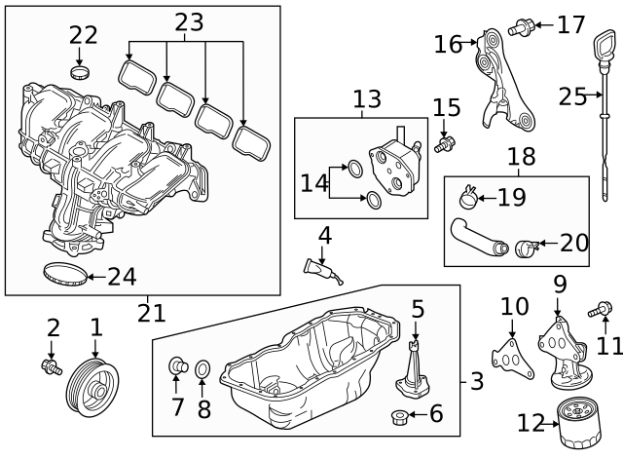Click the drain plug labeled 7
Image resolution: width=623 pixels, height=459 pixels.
(179, 366)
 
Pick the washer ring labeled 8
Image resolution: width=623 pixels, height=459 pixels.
(202, 370)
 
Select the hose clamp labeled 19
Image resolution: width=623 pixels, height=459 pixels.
(469, 199)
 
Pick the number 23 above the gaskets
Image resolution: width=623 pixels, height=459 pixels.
(190, 19)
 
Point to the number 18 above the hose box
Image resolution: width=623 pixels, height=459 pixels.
(522, 156)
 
